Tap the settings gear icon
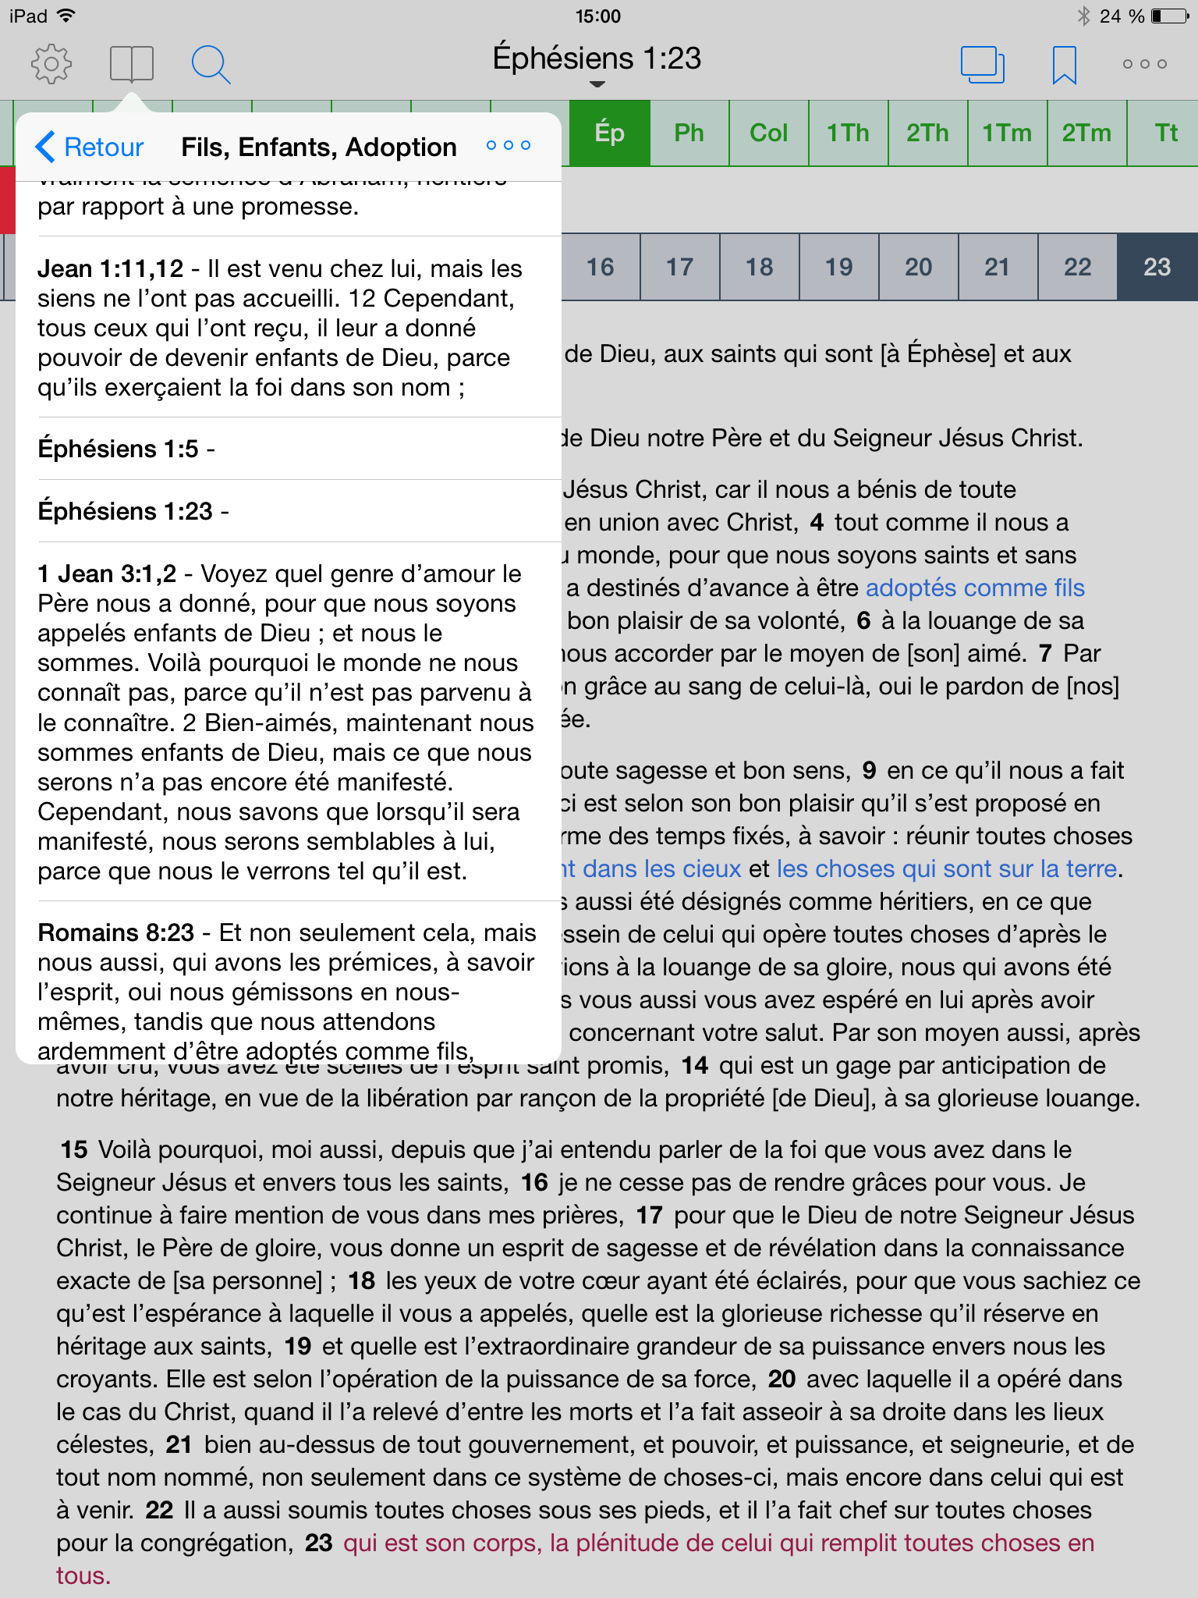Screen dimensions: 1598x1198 (x=51, y=64)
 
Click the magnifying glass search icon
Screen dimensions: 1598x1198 (x=211, y=64)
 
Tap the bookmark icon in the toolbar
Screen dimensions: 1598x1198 (x=1064, y=64)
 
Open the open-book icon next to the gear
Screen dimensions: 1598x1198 (x=131, y=64)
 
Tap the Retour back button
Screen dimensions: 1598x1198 (x=90, y=147)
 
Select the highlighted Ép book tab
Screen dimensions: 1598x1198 (x=609, y=133)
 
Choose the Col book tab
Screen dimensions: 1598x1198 (x=768, y=133)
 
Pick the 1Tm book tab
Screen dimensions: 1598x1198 (x=1006, y=133)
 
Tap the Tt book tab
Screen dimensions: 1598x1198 (x=1165, y=133)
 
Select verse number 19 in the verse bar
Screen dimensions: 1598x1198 (x=838, y=267)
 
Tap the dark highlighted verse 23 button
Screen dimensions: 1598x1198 (x=1157, y=267)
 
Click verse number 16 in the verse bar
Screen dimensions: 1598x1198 (x=600, y=267)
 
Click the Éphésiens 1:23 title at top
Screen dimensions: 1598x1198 (x=597, y=59)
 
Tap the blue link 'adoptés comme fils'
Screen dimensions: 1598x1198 (x=974, y=588)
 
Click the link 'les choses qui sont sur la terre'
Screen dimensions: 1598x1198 (x=947, y=868)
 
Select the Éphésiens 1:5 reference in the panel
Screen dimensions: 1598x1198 (x=118, y=449)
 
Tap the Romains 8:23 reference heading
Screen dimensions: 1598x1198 (x=115, y=932)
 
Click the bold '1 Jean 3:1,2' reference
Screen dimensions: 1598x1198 (x=107, y=574)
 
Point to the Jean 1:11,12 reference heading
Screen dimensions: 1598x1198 (x=110, y=268)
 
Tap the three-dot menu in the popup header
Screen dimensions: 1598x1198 (x=508, y=146)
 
